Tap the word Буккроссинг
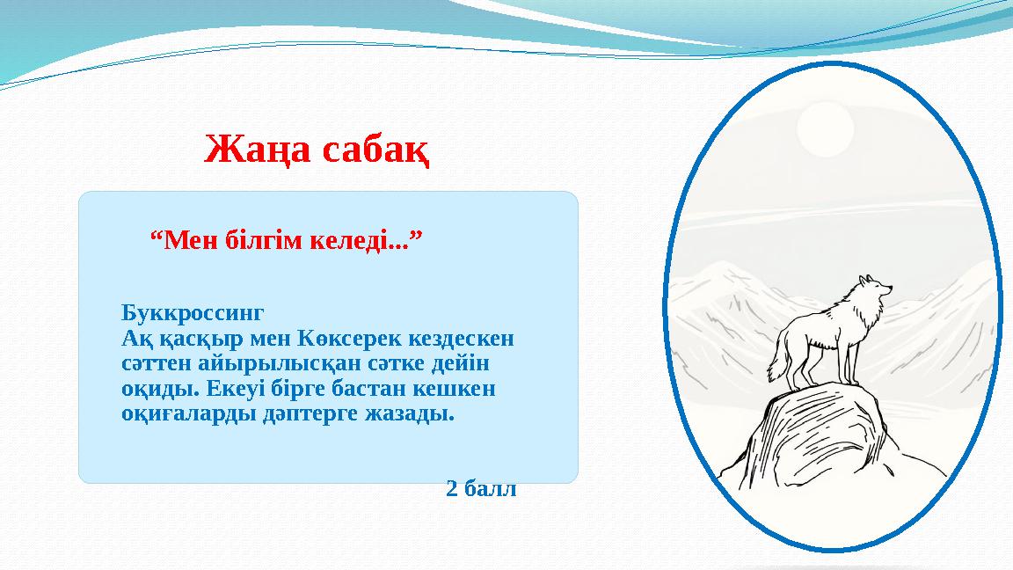193,313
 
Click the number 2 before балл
452,489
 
